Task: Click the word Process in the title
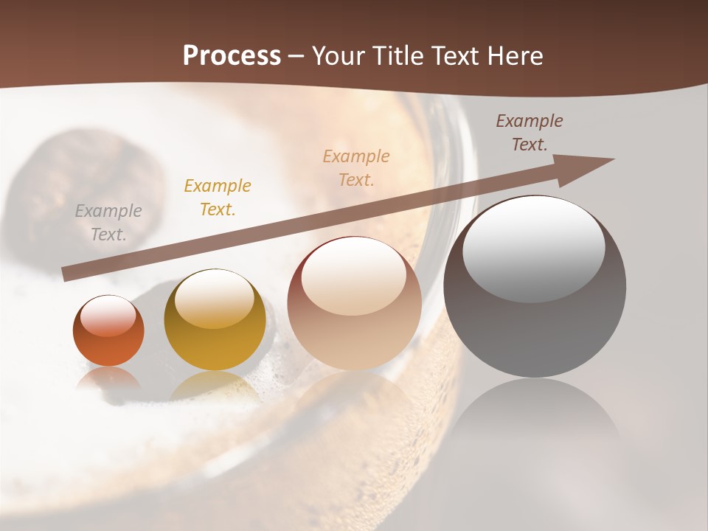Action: click(232, 56)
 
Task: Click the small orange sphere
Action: click(108, 331)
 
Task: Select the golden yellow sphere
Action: click(215, 321)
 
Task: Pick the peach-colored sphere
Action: click(355, 304)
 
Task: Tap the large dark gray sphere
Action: click(535, 288)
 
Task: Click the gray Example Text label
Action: click(108, 222)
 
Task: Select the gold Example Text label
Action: click(218, 197)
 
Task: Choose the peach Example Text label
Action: click(356, 167)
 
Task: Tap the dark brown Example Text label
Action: click(530, 132)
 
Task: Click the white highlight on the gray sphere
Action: click(533, 247)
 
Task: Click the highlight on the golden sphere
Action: click(214, 299)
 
